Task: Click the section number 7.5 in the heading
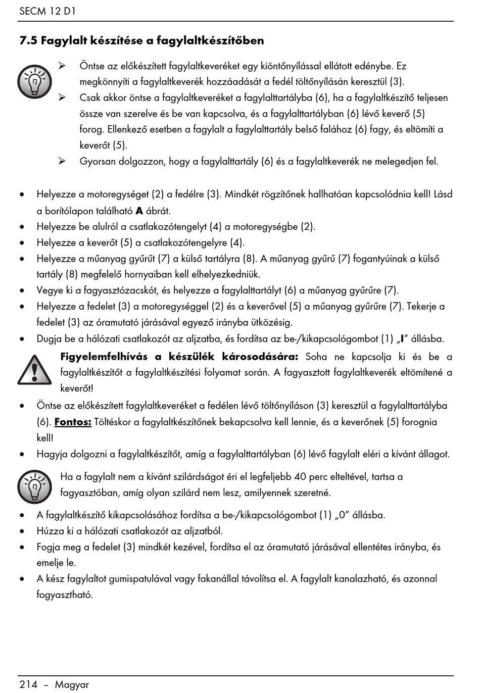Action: (x=28, y=40)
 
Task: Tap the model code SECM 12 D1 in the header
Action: (x=47, y=11)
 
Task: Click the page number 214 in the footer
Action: (x=28, y=684)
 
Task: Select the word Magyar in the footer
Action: (x=72, y=684)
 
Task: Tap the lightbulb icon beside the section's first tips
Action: (x=34, y=81)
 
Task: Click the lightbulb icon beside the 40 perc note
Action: (x=34, y=486)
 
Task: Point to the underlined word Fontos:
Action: (x=73, y=422)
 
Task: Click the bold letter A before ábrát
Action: (x=139, y=211)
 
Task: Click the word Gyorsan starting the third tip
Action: (x=98, y=162)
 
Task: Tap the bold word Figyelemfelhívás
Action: (x=104, y=357)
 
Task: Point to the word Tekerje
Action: (x=425, y=306)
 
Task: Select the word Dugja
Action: (x=49, y=339)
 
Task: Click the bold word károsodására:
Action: (x=260, y=357)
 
